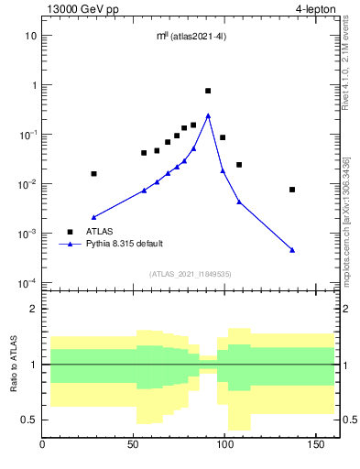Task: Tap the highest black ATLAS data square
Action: pyautogui.click(x=208, y=91)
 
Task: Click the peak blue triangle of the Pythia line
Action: pyautogui.click(x=208, y=115)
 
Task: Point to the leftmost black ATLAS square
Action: pyautogui.click(x=93, y=173)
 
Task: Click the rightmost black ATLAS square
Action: pyautogui.click(x=292, y=190)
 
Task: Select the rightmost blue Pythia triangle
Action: pyautogui.click(x=292, y=249)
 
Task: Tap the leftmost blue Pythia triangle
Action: pyautogui.click(x=93, y=217)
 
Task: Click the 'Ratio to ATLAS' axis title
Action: pyautogui.click(x=14, y=364)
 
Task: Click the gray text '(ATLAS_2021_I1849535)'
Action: pyautogui.click(x=189, y=274)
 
